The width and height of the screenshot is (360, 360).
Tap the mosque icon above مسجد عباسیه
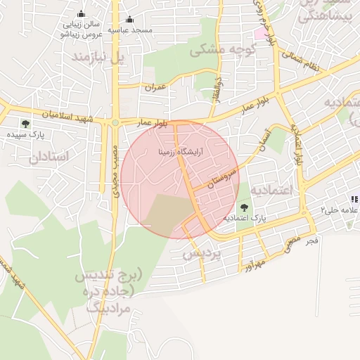pyautogui.click(x=129, y=19)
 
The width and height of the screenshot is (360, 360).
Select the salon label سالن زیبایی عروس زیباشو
pyautogui.click(x=82, y=28)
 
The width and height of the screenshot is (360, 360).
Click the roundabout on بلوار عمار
pyautogui.click(x=115, y=123)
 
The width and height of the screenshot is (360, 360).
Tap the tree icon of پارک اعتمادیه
pyautogui.click(x=244, y=207)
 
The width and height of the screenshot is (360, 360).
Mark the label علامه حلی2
pyautogui.click(x=335, y=210)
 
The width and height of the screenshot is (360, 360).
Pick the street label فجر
pyautogui.click(x=312, y=241)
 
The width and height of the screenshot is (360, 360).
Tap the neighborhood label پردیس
pyautogui.click(x=202, y=253)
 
